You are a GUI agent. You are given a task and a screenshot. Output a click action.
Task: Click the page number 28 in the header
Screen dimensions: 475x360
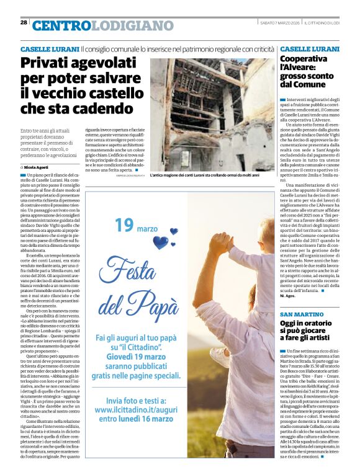24,22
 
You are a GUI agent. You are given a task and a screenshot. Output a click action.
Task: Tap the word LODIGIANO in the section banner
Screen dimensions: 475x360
134,25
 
